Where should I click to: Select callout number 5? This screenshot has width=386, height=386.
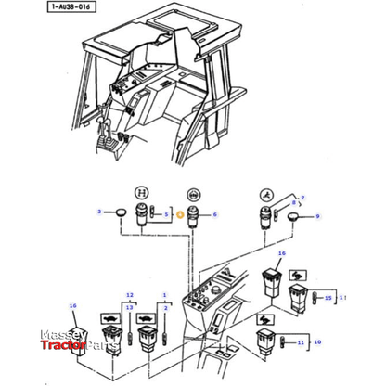[x=166, y=214]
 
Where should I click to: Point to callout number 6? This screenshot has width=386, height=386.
[x=214, y=214]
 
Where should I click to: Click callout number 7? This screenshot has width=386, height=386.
[x=302, y=198]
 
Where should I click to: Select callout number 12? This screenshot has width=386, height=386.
[x=130, y=294]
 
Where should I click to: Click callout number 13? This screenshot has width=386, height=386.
[x=130, y=307]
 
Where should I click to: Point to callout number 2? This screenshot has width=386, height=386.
[x=165, y=307]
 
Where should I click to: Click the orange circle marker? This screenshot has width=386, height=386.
[x=180, y=214]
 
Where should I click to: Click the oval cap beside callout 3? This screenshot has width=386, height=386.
[x=119, y=215]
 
